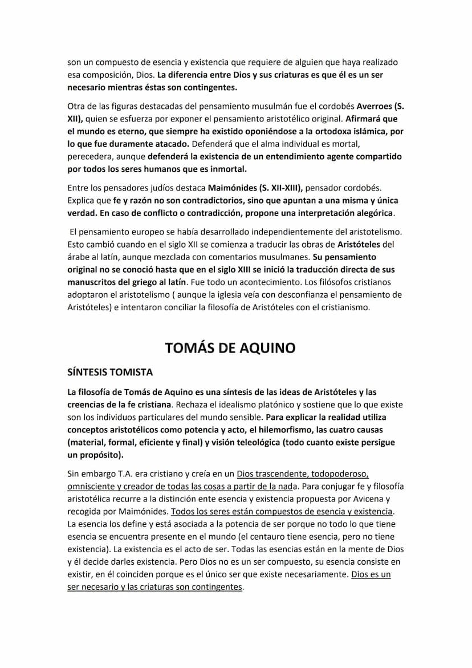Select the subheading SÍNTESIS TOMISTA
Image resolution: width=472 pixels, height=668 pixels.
[x=110, y=372]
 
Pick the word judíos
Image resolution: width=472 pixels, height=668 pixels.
[x=152, y=188]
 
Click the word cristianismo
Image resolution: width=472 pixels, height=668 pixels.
[x=341, y=307]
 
